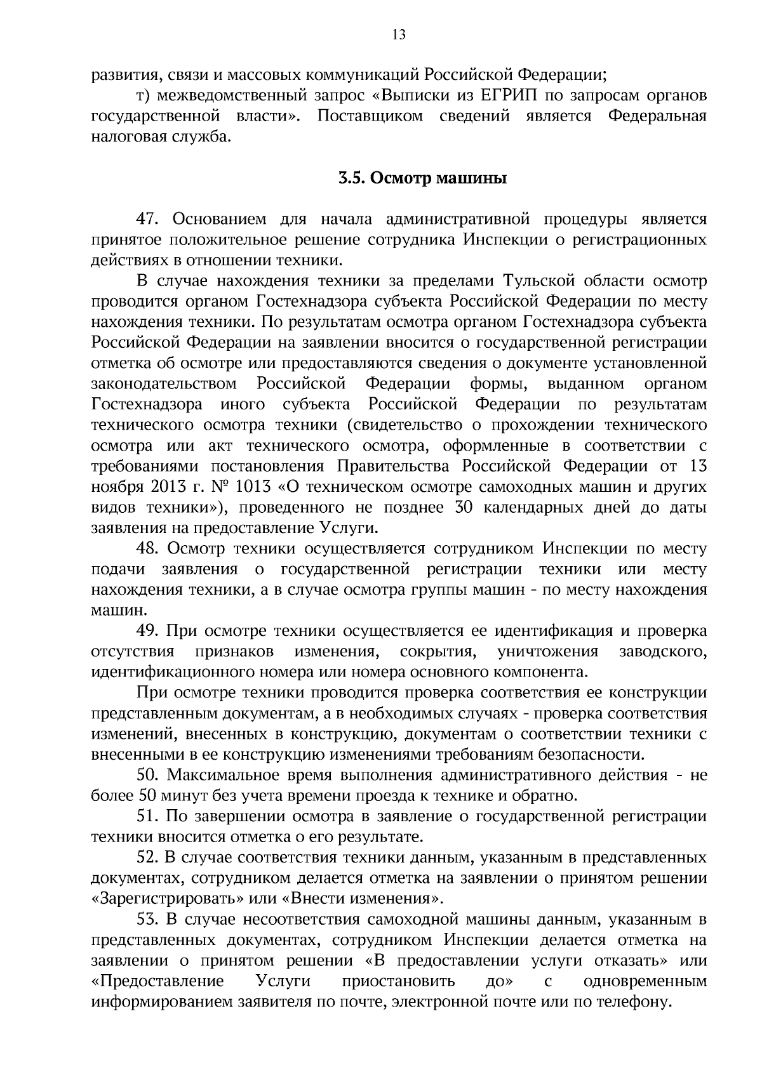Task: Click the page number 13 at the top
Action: coord(399,35)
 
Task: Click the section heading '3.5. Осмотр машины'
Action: coord(422,178)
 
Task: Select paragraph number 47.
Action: coord(147,220)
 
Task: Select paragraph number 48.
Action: coord(147,549)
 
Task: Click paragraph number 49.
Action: coord(147,631)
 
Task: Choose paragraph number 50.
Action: coord(147,776)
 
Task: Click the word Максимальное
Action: coord(224,776)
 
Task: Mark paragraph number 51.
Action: coord(147,817)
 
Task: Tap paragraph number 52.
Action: coord(147,858)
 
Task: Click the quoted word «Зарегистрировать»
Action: coord(166,899)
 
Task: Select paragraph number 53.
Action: coord(147,920)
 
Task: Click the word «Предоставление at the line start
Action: coord(158,981)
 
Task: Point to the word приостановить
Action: coord(398,981)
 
